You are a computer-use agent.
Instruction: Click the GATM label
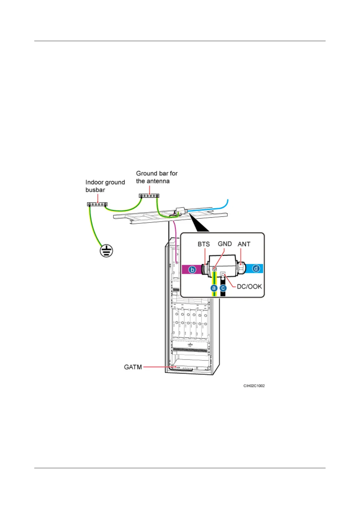click(x=133, y=367)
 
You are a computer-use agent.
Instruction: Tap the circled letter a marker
click(x=214, y=288)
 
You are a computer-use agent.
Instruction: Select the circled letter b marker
click(x=192, y=269)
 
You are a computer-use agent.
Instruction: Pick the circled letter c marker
click(x=223, y=288)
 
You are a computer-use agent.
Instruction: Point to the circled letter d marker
click(x=256, y=268)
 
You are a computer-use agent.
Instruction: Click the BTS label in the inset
click(x=204, y=244)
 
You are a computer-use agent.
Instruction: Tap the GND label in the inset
click(x=225, y=244)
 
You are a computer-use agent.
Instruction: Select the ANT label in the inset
click(x=244, y=244)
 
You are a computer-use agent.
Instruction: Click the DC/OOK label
click(x=249, y=287)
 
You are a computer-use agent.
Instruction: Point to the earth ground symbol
click(x=106, y=251)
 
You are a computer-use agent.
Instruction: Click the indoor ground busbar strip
click(x=97, y=205)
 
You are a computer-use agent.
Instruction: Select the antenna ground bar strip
click(x=149, y=196)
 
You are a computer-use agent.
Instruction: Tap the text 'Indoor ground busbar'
click(x=105, y=186)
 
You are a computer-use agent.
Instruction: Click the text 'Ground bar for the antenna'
click(x=157, y=177)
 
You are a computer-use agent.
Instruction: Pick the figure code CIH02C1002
click(x=254, y=386)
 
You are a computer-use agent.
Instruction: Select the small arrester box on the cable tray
click(x=180, y=211)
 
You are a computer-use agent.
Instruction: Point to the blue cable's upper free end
click(x=228, y=200)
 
